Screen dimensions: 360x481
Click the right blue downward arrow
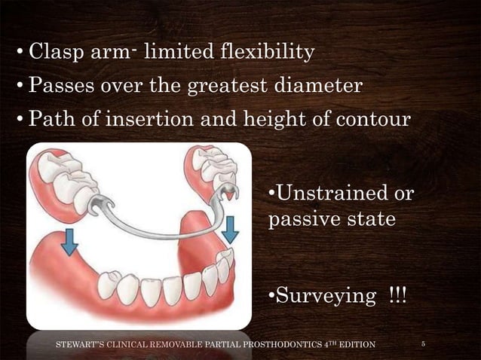231,227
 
